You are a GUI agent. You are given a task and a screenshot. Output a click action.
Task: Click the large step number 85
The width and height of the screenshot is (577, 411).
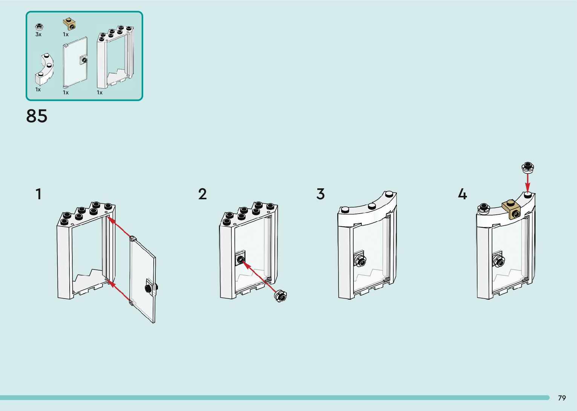click(x=37, y=116)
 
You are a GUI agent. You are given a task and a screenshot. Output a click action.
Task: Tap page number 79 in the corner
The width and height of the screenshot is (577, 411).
click(x=562, y=398)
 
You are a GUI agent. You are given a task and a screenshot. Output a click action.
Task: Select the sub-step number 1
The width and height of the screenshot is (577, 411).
click(x=38, y=194)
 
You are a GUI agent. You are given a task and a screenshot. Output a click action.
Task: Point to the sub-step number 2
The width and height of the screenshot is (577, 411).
click(x=202, y=194)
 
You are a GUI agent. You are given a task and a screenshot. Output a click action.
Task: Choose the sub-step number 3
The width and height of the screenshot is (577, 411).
click(x=320, y=194)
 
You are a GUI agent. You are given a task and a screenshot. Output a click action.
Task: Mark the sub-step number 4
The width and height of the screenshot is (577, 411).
click(x=462, y=194)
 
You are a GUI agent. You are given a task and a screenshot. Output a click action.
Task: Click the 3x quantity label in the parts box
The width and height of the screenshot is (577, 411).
click(x=38, y=34)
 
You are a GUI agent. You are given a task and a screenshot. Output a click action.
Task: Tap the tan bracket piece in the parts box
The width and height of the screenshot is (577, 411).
click(x=69, y=24)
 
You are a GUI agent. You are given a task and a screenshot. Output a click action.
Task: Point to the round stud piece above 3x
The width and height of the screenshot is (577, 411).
click(x=38, y=26)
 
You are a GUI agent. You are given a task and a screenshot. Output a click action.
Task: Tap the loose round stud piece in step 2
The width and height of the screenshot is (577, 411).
click(x=281, y=296)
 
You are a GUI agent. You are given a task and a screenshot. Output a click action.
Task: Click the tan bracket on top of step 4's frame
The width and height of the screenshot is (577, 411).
click(x=511, y=209)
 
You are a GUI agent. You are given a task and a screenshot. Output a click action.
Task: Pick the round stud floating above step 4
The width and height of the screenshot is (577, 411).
click(x=528, y=166)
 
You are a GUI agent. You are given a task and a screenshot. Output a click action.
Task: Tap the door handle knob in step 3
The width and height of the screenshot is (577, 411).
click(x=360, y=260)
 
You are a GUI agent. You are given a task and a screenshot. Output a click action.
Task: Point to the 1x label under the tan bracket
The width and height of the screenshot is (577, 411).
click(x=66, y=34)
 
